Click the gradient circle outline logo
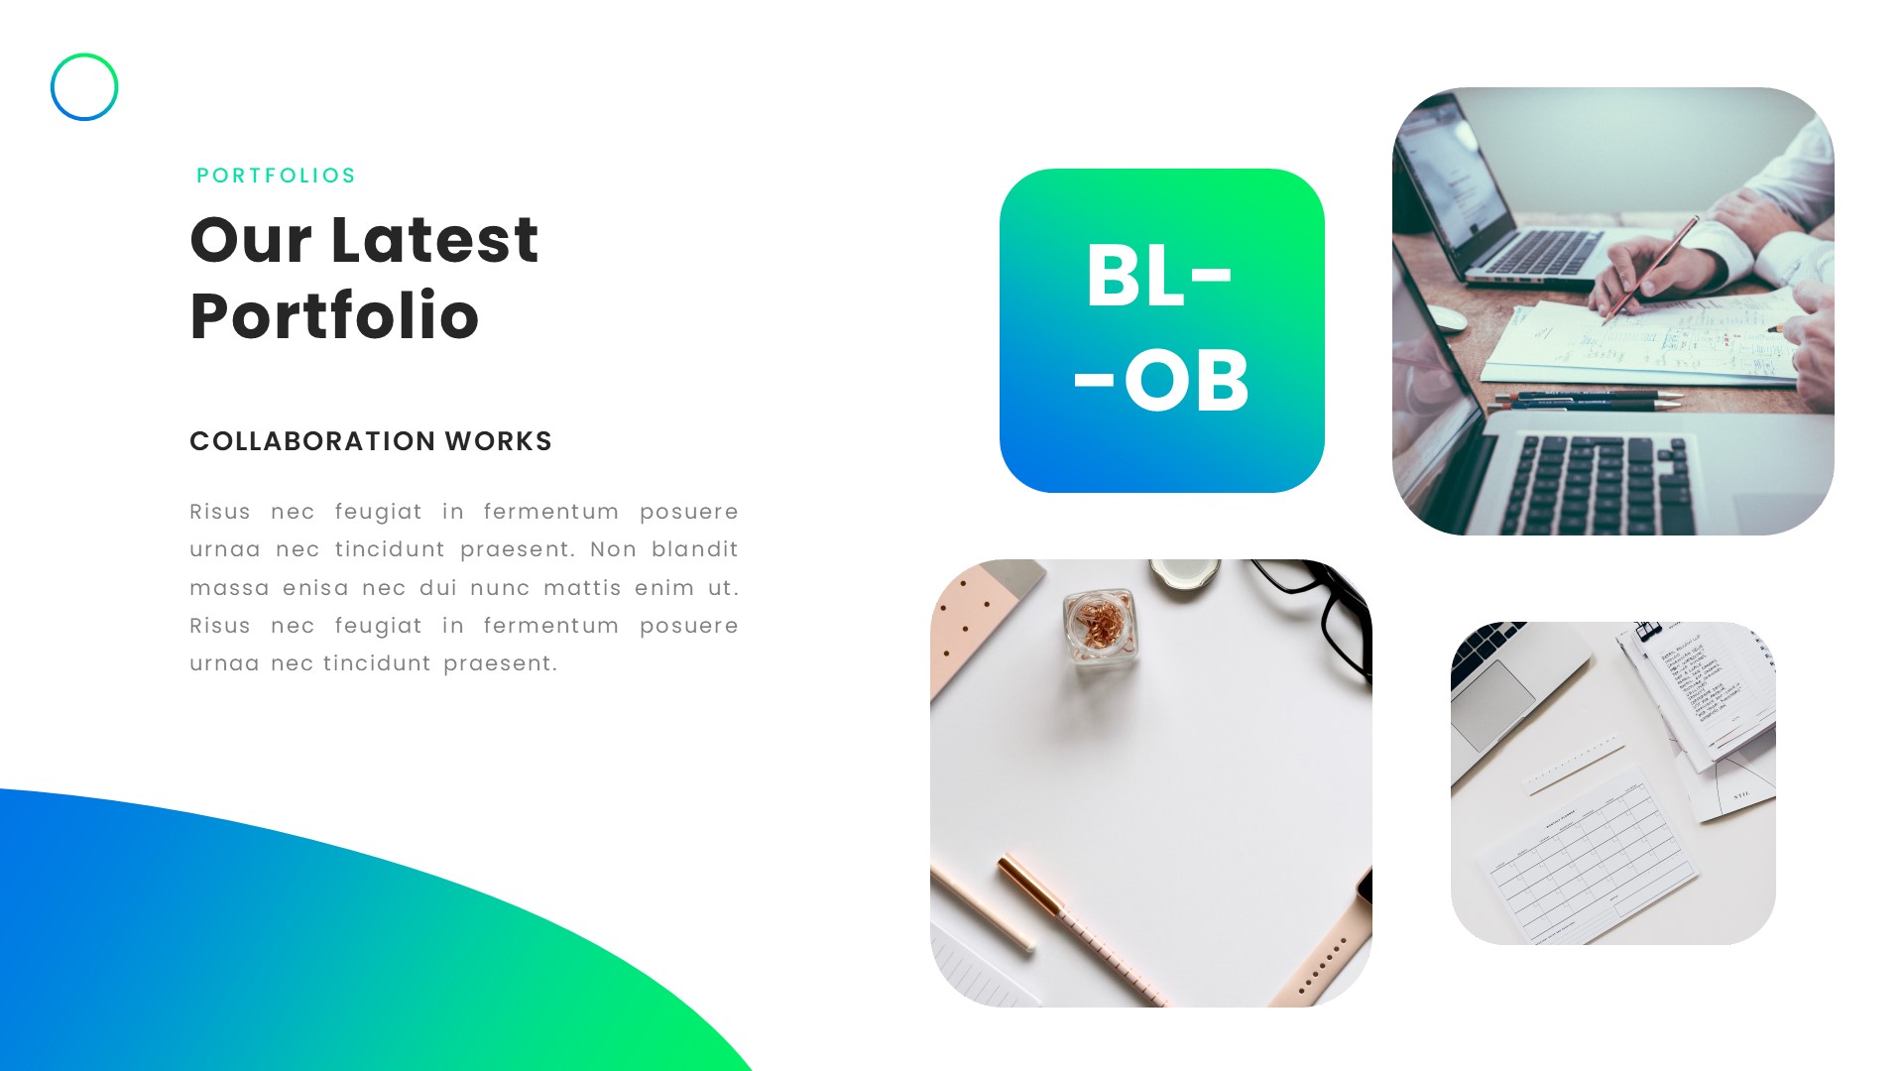84,87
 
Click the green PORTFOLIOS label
276,176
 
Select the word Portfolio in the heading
334,316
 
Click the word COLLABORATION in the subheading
312,441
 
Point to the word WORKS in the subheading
498,441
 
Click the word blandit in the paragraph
694,549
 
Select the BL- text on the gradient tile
1158,276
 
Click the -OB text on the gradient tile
1161,381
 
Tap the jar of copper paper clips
1100,627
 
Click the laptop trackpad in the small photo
1493,703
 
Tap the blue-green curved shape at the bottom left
248,952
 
